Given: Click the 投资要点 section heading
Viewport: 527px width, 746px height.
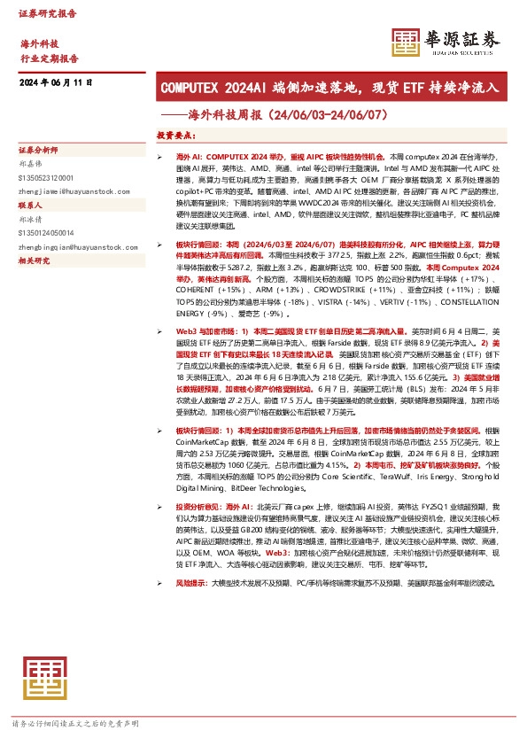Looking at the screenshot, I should (x=175, y=136).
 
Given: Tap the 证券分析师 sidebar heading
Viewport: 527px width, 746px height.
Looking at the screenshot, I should (x=38, y=149).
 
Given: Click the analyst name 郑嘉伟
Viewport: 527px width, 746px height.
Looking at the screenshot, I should (x=31, y=164).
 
